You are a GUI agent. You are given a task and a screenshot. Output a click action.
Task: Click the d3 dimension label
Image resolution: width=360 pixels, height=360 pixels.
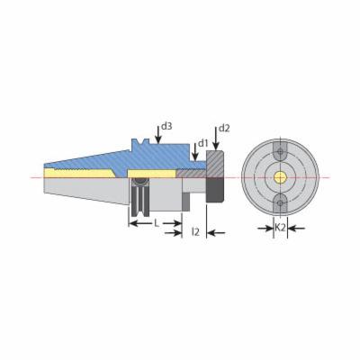pyautogui.click(x=166, y=126)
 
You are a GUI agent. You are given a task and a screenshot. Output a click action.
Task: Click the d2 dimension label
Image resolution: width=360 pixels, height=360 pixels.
pyautogui.click(x=224, y=129)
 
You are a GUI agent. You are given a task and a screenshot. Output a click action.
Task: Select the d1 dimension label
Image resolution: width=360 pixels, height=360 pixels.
pyautogui.click(x=202, y=143)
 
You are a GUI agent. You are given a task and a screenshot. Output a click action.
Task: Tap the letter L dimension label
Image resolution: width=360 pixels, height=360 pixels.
pyautogui.click(x=157, y=223)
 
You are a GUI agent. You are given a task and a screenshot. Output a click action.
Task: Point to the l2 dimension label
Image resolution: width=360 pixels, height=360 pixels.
pyautogui.click(x=195, y=231)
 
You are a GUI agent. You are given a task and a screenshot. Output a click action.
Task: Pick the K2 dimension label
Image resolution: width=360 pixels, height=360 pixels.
pyautogui.click(x=280, y=228)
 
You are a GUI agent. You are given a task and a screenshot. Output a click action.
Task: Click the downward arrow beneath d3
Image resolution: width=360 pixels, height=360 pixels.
pyautogui.click(x=158, y=135)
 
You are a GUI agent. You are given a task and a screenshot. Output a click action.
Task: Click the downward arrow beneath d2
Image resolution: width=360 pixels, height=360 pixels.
pyautogui.click(x=216, y=139)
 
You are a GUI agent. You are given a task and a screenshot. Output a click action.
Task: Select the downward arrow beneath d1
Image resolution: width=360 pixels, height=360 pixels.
pyautogui.click(x=195, y=151)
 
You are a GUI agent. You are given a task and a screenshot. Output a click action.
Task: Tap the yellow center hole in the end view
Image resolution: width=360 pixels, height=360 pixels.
pyautogui.click(x=280, y=177)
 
